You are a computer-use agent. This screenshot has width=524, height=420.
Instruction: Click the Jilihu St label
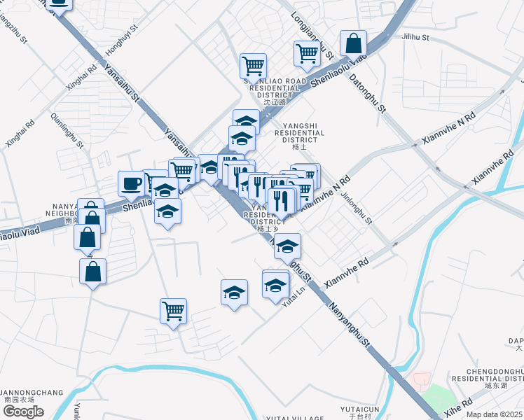[x=415, y=36]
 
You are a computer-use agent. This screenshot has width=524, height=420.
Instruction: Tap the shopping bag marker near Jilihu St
[x=354, y=43]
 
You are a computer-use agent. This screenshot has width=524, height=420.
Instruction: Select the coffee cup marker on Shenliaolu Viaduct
[x=131, y=184]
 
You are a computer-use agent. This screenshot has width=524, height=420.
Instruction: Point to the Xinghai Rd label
[x=81, y=78]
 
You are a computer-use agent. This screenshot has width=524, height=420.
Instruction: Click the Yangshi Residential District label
[x=299, y=136]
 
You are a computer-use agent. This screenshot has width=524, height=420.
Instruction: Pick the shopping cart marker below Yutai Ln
[x=173, y=310]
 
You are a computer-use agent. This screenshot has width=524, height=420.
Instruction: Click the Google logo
[x=23, y=411]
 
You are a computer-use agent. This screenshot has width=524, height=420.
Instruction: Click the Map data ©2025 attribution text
[x=495, y=414]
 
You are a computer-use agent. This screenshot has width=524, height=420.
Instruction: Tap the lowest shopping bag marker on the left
[x=92, y=270]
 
